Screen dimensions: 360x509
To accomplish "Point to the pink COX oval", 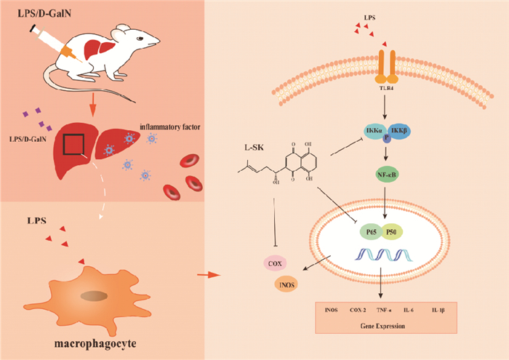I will (x=274, y=264).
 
